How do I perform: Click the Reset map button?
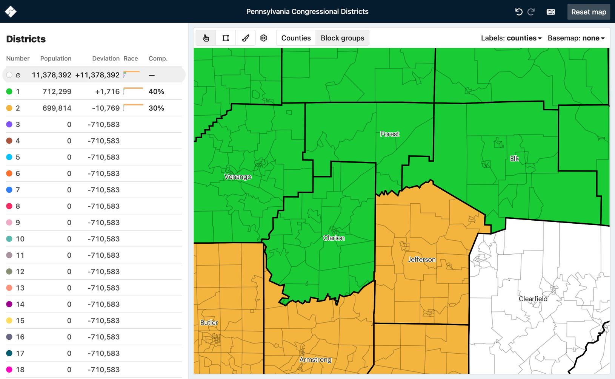pyautogui.click(x=588, y=12)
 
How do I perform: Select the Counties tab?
pyautogui.click(x=296, y=38)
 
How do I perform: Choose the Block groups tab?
pyautogui.click(x=342, y=38)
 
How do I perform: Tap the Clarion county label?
pyautogui.click(x=334, y=238)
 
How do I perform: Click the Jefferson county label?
pyautogui.click(x=421, y=260)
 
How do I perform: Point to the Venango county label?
pyautogui.click(x=238, y=176)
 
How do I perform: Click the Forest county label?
pyautogui.click(x=389, y=134)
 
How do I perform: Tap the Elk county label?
pyautogui.click(x=514, y=159)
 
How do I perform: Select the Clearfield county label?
pyautogui.click(x=533, y=299)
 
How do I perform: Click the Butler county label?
pyautogui.click(x=209, y=322)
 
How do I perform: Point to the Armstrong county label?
pyautogui.click(x=315, y=359)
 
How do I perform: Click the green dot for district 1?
pyautogui.click(x=9, y=91)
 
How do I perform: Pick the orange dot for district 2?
pyautogui.click(x=9, y=108)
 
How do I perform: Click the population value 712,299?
pyautogui.click(x=57, y=91)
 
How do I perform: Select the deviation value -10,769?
pyautogui.click(x=106, y=108)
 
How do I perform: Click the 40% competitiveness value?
pyautogui.click(x=156, y=91)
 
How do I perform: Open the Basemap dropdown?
pyautogui.click(x=576, y=38)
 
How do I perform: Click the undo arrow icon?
pyautogui.click(x=519, y=12)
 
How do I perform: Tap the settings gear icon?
pyautogui.click(x=264, y=38)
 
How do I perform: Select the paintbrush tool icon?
pyautogui.click(x=246, y=38)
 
